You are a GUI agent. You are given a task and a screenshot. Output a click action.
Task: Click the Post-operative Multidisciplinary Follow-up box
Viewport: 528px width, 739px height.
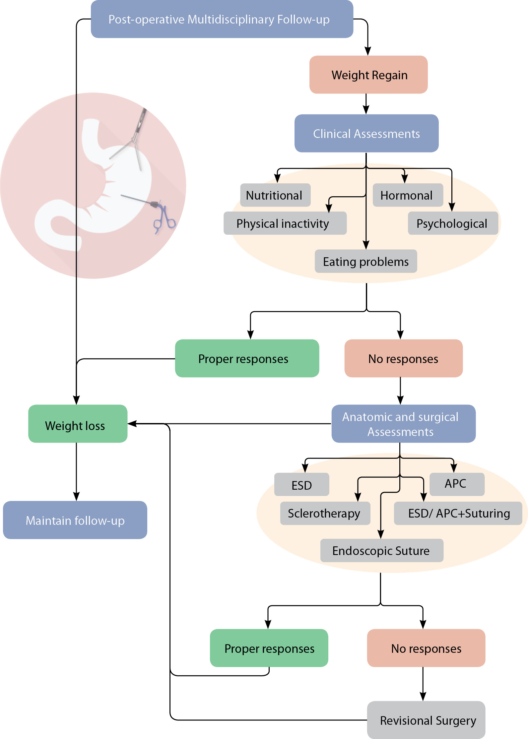coord(222,19)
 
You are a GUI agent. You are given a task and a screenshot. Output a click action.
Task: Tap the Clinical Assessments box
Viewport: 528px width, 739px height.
coord(366,134)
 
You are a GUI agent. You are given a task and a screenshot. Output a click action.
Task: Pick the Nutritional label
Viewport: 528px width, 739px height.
coord(275,195)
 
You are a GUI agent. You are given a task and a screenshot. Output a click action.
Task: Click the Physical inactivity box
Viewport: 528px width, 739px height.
coord(285,223)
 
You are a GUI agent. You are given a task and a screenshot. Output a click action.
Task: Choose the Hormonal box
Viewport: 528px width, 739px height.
coord(408,195)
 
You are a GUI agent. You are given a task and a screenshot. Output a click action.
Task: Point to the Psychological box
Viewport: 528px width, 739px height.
coord(452,223)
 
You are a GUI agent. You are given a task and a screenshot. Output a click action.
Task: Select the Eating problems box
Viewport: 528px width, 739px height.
coord(365,262)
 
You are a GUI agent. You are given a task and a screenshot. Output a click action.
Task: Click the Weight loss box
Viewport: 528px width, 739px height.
coord(78,424)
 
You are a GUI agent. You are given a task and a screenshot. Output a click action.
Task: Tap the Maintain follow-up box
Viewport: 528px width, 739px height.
coord(75,520)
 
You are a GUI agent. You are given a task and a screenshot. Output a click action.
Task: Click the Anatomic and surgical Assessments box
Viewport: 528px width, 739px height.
coord(403,424)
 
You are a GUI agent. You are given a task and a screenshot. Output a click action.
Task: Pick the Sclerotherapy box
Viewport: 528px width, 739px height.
coord(325,513)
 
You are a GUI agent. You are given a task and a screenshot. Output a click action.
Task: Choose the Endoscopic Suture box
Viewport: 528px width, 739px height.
coord(381,551)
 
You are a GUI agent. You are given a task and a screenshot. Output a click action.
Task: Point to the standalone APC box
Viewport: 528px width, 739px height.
coord(457,484)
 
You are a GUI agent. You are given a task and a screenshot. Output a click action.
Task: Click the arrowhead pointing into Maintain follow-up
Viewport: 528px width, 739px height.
coord(76,497)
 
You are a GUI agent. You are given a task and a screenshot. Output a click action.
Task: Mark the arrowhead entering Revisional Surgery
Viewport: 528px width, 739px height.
coord(423,697)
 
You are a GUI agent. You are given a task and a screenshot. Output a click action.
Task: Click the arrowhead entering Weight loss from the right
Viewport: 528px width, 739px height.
coord(132,424)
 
